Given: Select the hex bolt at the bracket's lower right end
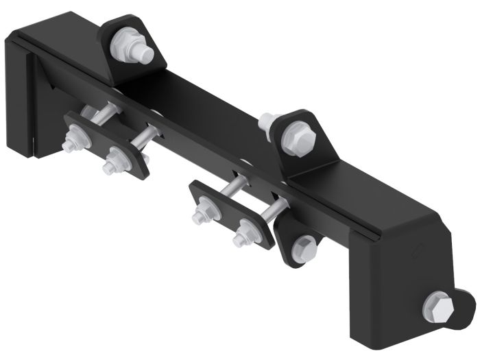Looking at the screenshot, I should (x=439, y=306).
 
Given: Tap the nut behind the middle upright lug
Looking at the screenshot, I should (x=268, y=123).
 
